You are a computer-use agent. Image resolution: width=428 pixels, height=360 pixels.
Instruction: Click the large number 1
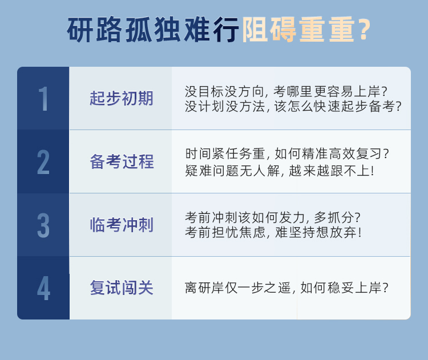point(43,99)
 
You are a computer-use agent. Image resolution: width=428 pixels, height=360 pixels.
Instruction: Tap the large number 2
point(43,162)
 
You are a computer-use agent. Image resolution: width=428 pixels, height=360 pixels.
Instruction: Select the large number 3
point(43,225)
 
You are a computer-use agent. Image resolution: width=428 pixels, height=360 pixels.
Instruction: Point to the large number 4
point(44,288)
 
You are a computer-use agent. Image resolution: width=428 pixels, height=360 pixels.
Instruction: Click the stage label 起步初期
point(122,98)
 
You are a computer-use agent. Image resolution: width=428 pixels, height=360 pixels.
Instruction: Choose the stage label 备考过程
point(122,161)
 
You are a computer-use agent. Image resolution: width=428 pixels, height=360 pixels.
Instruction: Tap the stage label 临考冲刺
point(122,225)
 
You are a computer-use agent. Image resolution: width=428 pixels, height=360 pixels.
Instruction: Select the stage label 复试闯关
point(122,288)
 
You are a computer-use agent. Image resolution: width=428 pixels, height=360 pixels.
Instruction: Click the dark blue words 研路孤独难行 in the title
point(153,30)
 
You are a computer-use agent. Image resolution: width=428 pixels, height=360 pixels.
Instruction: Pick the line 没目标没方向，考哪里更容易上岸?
point(286,92)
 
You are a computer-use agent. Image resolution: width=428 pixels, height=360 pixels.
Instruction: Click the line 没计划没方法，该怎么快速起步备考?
point(293,107)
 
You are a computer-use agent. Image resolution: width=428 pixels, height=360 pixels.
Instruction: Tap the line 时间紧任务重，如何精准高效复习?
point(287,154)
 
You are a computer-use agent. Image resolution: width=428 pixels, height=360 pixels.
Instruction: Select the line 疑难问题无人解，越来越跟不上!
point(279,171)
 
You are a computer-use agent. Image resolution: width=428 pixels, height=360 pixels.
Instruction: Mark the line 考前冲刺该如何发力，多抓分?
point(273,217)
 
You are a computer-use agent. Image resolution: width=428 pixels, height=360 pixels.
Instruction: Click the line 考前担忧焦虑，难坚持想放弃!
point(273,233)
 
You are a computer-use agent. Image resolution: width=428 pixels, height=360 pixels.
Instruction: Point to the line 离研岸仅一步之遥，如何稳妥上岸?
point(286,288)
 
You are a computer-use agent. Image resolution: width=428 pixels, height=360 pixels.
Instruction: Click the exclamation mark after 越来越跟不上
point(372,171)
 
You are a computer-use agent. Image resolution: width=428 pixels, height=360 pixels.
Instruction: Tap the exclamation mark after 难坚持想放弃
point(360,233)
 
